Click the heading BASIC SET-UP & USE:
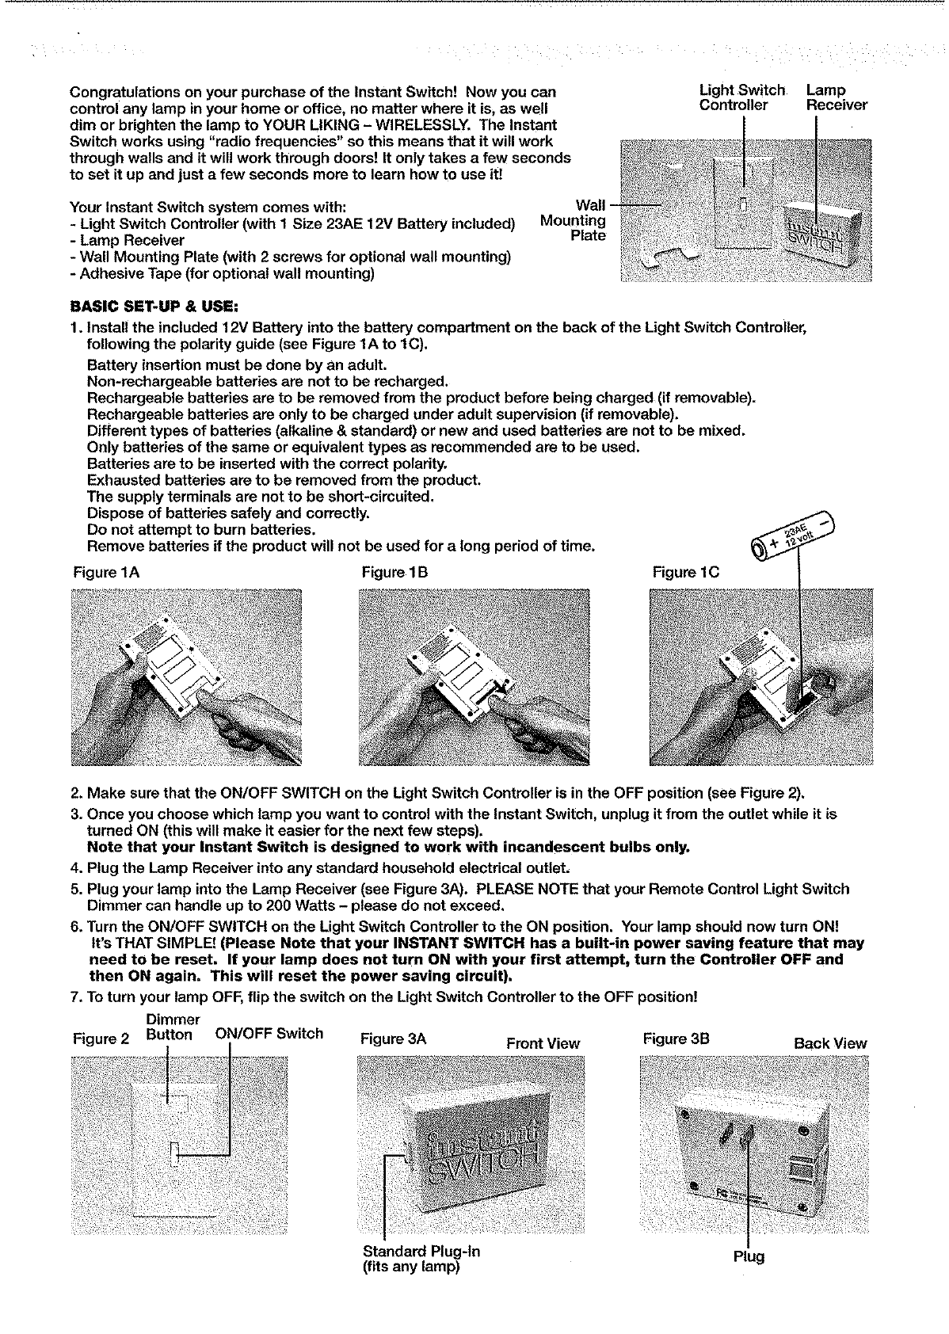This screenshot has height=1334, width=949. (154, 307)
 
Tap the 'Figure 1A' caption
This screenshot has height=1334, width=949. (106, 572)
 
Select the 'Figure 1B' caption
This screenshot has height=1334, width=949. (394, 572)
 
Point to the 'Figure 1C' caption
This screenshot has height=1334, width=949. (686, 572)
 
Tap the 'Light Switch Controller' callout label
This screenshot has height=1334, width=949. (741, 97)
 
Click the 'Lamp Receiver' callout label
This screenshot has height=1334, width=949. (837, 97)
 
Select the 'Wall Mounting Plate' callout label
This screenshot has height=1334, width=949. (574, 220)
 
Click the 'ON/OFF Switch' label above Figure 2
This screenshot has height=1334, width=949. (269, 1033)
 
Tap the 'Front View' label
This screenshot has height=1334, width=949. (543, 1043)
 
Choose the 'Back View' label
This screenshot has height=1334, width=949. (830, 1043)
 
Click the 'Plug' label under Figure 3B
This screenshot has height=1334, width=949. (749, 1256)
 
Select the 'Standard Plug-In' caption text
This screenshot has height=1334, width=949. (421, 1251)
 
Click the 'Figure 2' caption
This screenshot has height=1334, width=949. (101, 1039)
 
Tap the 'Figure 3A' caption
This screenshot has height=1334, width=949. (393, 1039)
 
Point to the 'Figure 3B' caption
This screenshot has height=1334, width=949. (676, 1039)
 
